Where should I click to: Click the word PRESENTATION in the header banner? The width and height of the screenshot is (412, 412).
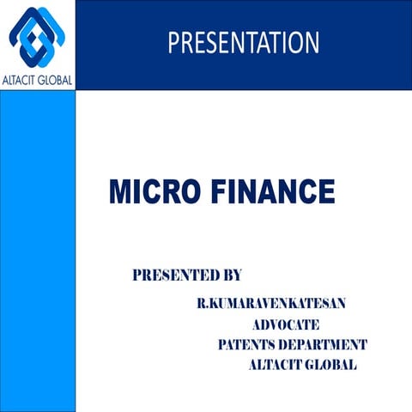pyautogui.click(x=243, y=42)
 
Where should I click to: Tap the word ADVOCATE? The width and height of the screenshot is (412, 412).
pyautogui.click(x=286, y=324)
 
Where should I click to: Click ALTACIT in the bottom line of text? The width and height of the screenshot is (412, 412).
pyautogui.click(x=275, y=365)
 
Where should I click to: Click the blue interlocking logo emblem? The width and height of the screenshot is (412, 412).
pyautogui.click(x=37, y=37)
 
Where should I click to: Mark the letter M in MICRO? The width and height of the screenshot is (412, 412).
pyautogui.click(x=118, y=191)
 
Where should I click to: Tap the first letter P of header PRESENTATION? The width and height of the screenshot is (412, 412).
pyautogui.click(x=173, y=42)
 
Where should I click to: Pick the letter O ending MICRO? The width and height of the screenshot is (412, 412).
pyautogui.click(x=197, y=191)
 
